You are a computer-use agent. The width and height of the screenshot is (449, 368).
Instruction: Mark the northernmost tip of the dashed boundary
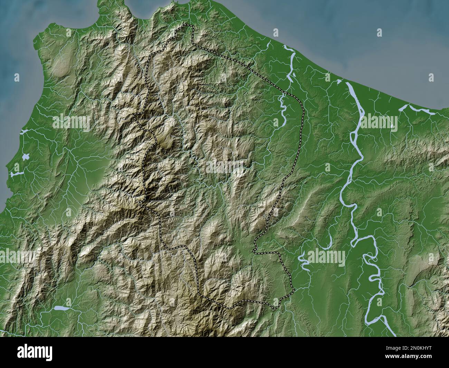click(188, 25)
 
